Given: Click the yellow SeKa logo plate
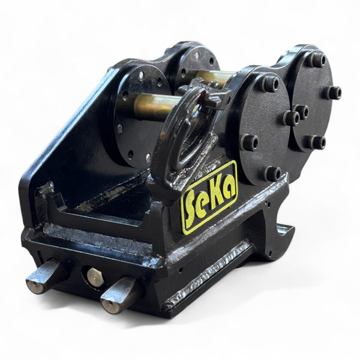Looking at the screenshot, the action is click(x=209, y=197).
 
